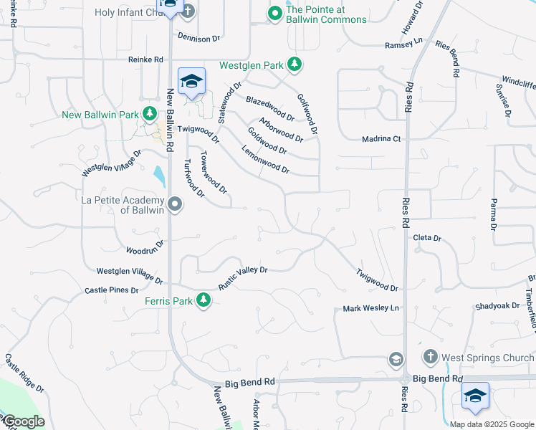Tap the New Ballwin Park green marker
point(149,114)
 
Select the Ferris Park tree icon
point(204,300)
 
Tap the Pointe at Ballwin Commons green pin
point(274,14)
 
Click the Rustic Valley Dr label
point(243,277)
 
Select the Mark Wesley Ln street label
point(370,308)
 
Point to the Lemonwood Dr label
point(266,161)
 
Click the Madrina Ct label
point(381,139)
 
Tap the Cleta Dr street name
point(427,238)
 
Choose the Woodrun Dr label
point(145,247)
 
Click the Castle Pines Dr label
point(111,290)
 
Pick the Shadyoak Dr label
point(497,305)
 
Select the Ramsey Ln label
point(399,44)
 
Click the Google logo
point(23,421)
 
